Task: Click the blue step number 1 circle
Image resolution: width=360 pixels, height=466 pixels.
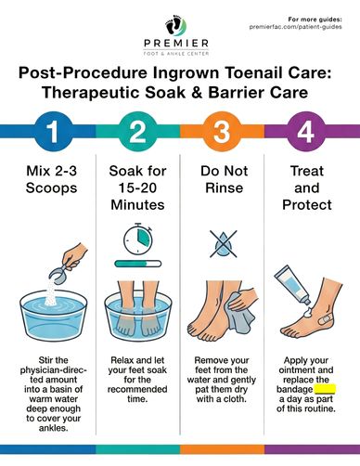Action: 54,132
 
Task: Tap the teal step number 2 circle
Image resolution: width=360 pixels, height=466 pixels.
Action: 137,132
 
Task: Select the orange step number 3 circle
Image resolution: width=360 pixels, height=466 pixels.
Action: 222,132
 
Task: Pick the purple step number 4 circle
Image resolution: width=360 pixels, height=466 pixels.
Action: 306,132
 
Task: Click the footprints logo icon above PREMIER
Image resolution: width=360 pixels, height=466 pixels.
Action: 175,25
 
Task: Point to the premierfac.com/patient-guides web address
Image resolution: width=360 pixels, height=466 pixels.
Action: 296,27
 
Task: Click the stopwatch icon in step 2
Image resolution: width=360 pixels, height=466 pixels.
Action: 138,239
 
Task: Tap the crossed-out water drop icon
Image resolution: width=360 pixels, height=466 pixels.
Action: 224,244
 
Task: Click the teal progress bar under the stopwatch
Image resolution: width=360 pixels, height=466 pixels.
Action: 138,264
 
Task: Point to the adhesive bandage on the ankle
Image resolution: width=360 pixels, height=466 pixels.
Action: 324,320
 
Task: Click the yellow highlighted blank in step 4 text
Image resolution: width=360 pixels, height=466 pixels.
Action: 325,389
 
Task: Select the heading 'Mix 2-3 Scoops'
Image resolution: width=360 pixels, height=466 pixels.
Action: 52,179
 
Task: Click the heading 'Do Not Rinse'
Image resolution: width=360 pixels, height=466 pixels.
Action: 225,179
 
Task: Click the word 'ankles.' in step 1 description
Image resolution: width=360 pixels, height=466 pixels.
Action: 54,428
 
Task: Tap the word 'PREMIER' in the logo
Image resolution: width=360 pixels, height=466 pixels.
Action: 176,44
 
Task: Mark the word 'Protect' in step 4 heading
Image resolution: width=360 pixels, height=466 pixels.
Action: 307,205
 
